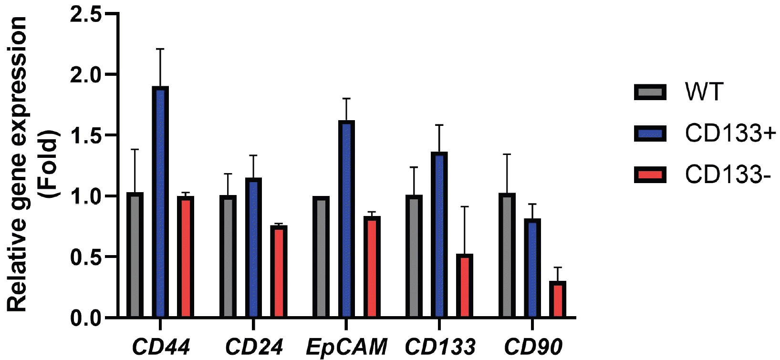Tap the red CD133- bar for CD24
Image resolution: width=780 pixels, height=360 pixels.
[x=279, y=271]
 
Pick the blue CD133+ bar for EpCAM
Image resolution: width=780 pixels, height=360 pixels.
[x=346, y=219]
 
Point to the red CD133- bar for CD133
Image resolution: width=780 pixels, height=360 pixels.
[x=465, y=286]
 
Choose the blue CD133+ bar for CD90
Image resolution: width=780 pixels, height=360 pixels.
[x=532, y=268]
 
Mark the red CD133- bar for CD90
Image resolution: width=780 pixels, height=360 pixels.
[x=557, y=299]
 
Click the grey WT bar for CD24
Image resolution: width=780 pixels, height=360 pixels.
[x=228, y=256]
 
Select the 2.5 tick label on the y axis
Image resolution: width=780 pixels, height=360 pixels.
[x=86, y=14]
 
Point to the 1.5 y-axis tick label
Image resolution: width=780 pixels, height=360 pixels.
[x=86, y=136]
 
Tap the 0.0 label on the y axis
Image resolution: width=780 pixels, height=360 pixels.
[x=86, y=318]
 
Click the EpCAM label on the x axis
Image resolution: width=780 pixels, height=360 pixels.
[x=346, y=347]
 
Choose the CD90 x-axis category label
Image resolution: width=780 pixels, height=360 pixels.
[x=533, y=347]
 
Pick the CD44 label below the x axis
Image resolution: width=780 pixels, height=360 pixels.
[x=161, y=347]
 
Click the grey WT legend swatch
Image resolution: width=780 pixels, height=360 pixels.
[x=650, y=92]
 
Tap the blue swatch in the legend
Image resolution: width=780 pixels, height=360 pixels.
[x=650, y=133]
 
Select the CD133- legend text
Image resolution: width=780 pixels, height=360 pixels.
[x=728, y=175]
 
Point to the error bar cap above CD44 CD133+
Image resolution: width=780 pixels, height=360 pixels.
[x=160, y=49]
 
